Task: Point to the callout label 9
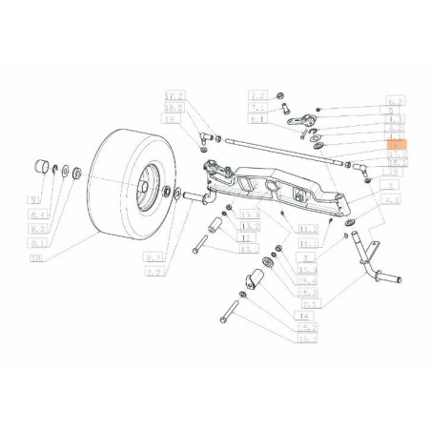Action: pyautogui.click(x=37, y=201)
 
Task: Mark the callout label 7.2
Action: pyautogui.click(x=257, y=96)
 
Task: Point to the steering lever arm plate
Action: pyautogui.click(x=305, y=123)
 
